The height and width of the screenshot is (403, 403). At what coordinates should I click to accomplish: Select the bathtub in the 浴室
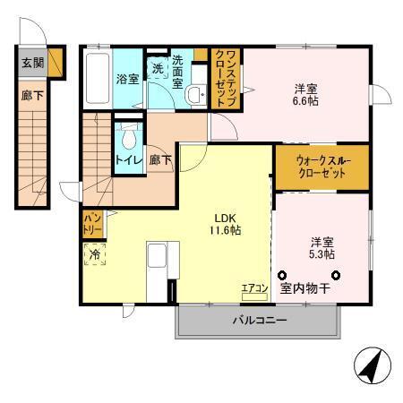(98, 78)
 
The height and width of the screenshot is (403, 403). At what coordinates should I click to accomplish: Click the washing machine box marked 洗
(158, 69)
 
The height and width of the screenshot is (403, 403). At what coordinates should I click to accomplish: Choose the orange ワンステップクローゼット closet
(223, 80)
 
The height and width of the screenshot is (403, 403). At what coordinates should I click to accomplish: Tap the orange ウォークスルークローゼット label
(320, 167)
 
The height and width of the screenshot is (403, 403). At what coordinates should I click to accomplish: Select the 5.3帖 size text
(322, 254)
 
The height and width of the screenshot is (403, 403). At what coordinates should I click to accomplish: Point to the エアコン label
(255, 287)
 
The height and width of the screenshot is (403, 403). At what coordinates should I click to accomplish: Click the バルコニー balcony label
(260, 320)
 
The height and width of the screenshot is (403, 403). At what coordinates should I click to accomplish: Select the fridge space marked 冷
(94, 255)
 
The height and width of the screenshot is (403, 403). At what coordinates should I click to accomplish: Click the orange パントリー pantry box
(92, 223)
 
